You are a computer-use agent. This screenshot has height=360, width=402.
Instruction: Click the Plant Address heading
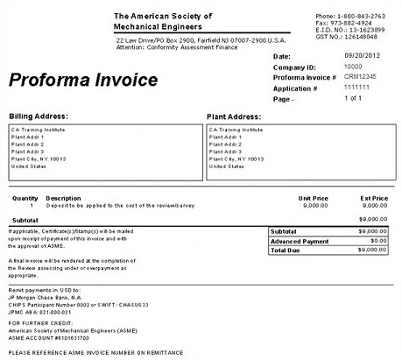coord(234,116)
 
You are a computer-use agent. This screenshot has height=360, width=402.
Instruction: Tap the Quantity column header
coord(25,198)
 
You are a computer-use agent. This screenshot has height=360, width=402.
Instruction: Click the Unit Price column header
coord(314,198)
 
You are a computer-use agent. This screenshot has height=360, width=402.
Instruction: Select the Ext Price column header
coord(373,198)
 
